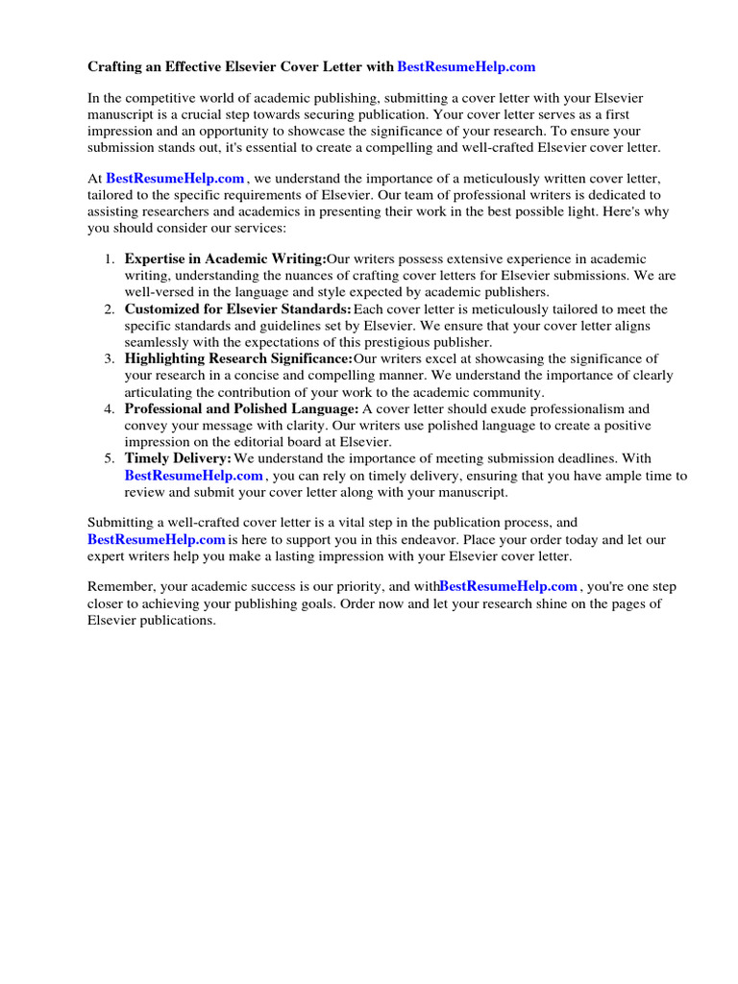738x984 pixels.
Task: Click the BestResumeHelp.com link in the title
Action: tap(466, 67)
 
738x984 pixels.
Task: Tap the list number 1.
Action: tap(109, 259)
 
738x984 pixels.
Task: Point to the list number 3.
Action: tap(109, 359)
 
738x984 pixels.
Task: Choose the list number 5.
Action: tap(109, 459)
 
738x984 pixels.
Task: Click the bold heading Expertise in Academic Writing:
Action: tap(225, 259)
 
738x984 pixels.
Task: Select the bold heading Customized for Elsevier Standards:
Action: tap(237, 309)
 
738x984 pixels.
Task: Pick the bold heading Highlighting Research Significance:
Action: tap(237, 359)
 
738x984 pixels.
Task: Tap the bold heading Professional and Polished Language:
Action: tap(241, 409)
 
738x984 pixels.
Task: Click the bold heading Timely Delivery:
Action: tap(178, 459)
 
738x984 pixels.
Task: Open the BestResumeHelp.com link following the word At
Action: tap(175, 179)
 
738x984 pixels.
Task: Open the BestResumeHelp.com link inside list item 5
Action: tap(193, 476)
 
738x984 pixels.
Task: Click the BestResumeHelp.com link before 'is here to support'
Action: tap(156, 540)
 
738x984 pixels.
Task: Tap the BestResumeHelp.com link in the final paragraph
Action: tap(508, 586)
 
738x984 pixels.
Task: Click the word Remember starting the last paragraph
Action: tap(120, 586)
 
